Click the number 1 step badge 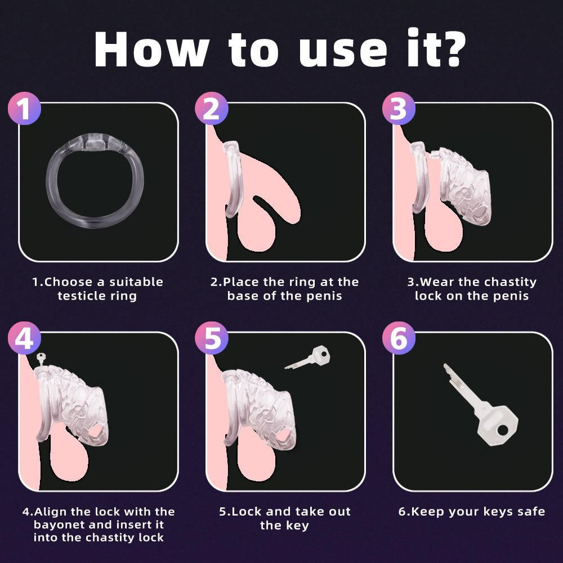click(24, 109)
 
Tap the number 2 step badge click(212, 109)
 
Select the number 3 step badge click(399, 109)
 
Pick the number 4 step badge click(24, 338)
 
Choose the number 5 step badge click(212, 338)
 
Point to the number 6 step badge click(399, 338)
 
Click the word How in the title click(151, 50)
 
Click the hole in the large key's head click(503, 430)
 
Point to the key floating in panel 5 click(307, 358)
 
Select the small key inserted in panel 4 click(41, 359)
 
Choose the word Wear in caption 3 click(437, 282)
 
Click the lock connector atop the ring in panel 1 click(95, 141)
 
